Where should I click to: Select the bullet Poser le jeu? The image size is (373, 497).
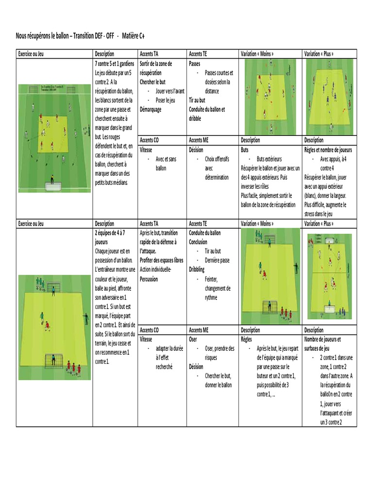point(165,100)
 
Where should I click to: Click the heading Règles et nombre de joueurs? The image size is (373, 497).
point(328,149)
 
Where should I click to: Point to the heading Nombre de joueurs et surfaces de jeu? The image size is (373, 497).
point(322,344)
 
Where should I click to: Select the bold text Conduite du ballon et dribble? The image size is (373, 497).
point(206,114)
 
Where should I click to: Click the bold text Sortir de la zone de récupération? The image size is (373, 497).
point(157,68)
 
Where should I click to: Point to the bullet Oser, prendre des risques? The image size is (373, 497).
point(216,353)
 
